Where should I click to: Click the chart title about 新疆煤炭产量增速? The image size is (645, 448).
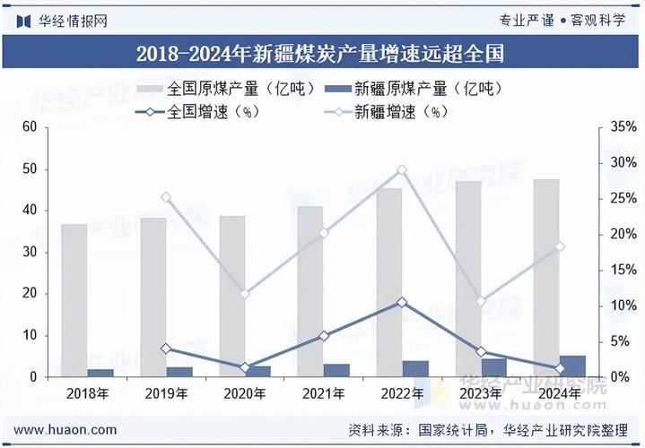click(320, 53)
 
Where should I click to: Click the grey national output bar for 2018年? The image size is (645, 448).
click(74, 300)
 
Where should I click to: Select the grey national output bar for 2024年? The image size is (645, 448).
click(546, 278)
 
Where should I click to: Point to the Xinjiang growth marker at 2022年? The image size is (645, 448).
click(402, 169)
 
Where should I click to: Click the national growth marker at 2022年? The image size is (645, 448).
click(402, 303)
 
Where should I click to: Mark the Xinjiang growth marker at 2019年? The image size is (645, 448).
click(166, 197)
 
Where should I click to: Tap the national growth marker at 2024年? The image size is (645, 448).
click(560, 368)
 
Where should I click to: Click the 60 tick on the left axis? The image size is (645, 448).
click(29, 127)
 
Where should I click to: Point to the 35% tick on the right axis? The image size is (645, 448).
click(622, 127)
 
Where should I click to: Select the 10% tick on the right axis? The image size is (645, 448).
click(622, 306)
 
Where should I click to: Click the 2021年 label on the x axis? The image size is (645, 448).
click(324, 393)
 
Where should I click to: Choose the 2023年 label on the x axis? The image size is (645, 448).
click(481, 393)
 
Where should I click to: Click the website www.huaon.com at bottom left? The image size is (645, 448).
click(65, 430)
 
